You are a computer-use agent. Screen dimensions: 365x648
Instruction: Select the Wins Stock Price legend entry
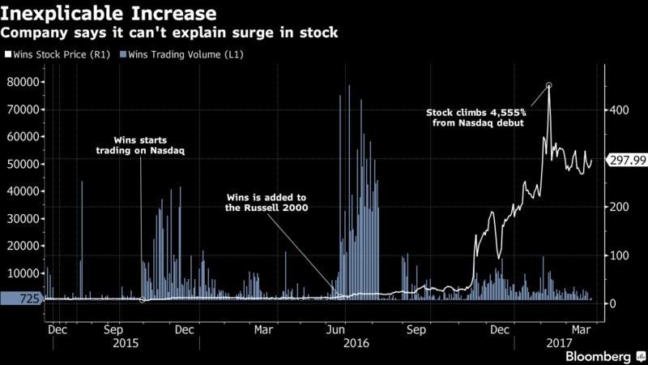click(x=58, y=54)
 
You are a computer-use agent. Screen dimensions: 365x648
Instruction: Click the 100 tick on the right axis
click(x=619, y=255)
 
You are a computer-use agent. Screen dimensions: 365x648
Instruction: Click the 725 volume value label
click(x=21, y=298)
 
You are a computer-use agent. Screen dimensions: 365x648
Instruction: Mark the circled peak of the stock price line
click(x=549, y=85)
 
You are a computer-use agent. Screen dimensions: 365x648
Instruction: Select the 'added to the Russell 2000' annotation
click(x=266, y=202)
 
